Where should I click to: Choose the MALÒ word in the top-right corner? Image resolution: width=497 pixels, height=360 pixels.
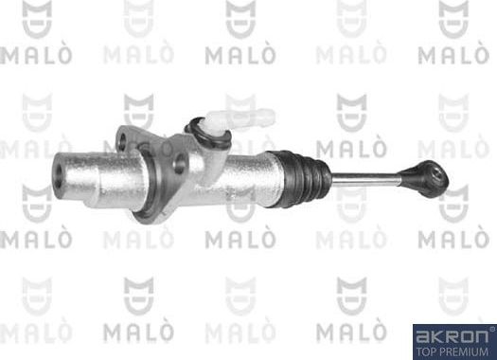(453, 54)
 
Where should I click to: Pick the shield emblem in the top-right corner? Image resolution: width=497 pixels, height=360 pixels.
(453, 16)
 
